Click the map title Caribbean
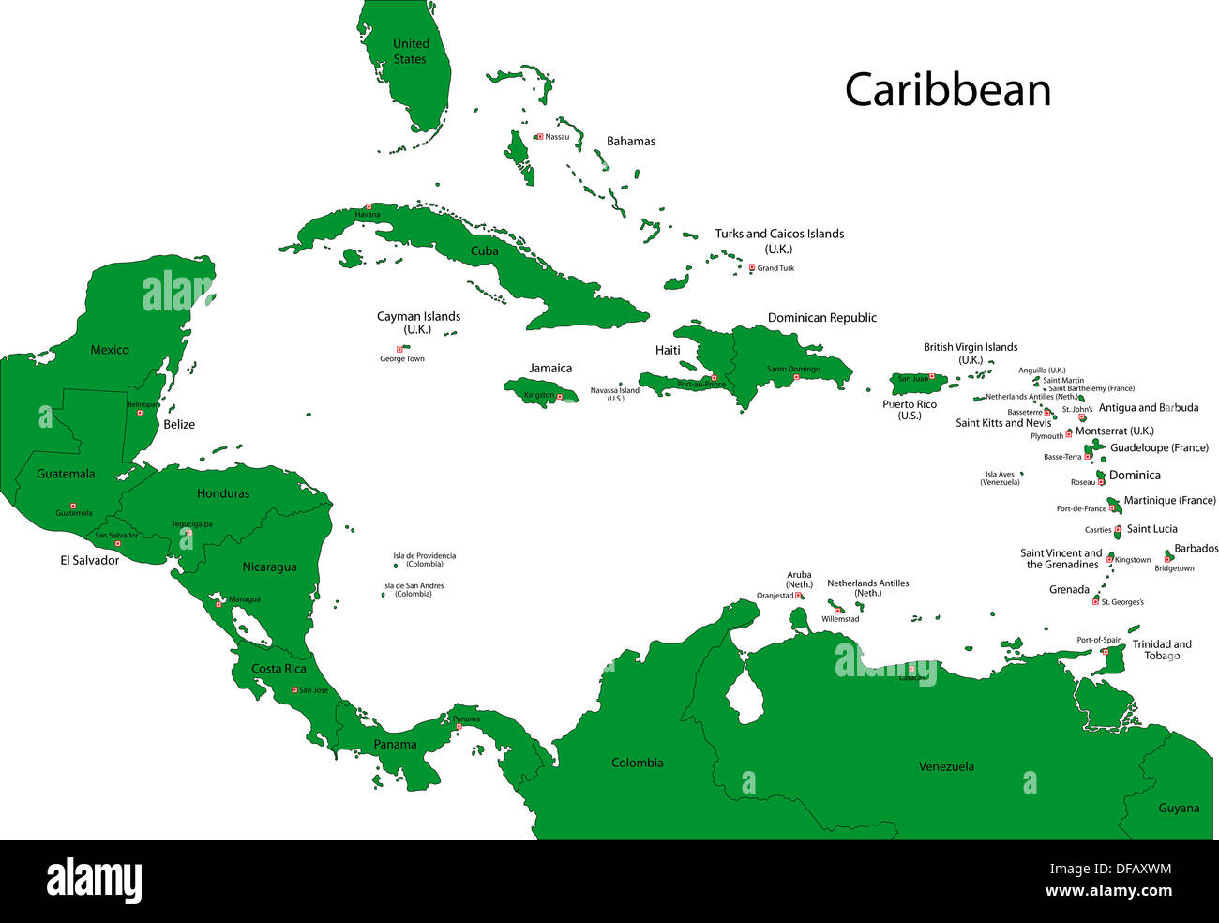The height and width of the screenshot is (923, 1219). tap(947, 90)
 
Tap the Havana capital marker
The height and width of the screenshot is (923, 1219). tap(369, 206)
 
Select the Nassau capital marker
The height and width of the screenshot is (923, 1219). tap(540, 137)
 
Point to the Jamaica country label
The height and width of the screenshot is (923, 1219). tap(550, 368)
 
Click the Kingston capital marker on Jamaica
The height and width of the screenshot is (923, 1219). tap(560, 396)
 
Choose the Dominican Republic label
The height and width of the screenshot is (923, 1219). tap(821, 318)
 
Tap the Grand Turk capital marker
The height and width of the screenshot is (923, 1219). tap(752, 267)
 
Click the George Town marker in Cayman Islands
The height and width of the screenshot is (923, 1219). tap(399, 349)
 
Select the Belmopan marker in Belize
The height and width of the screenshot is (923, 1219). tap(140, 413)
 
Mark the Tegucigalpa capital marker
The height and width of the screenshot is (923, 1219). tap(188, 533)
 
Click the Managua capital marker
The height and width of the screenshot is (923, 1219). tap(218, 604)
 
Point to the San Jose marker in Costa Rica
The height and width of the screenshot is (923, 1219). tap(294, 690)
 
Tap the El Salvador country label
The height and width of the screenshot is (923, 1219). tap(90, 560)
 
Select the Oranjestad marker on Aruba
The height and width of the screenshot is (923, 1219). tap(799, 596)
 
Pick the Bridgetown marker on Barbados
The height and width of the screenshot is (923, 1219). tap(1167, 559)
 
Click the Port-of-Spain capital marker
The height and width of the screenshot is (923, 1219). tap(1105, 650)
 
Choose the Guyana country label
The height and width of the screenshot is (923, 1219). tap(1179, 808)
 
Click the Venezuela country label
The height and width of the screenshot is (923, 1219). tap(946, 766)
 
